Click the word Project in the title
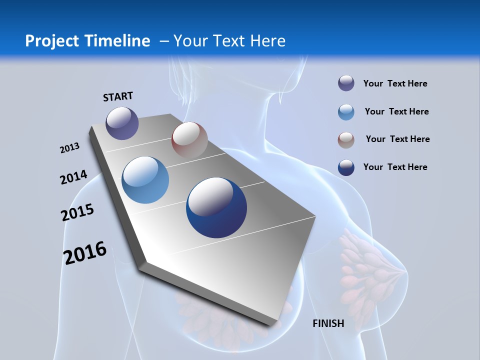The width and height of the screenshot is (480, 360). click(x=52, y=41)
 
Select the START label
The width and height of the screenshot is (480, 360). click(x=118, y=96)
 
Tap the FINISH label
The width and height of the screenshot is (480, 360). click(x=328, y=323)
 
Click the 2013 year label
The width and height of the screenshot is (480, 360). click(x=69, y=148)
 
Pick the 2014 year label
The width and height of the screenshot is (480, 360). click(x=73, y=177)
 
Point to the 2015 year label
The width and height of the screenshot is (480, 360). click(x=77, y=212)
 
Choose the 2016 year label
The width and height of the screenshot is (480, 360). click(x=85, y=253)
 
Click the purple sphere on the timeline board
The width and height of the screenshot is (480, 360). click(x=122, y=123)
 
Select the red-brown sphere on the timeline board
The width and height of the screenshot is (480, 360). click(x=189, y=140)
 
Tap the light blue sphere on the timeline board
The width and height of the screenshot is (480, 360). click(x=145, y=180)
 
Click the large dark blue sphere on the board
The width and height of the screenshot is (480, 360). click(x=216, y=207)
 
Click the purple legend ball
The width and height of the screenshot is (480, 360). click(x=346, y=83)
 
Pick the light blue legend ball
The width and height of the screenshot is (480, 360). click(x=346, y=112)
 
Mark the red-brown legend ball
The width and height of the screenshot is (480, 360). click(x=346, y=140)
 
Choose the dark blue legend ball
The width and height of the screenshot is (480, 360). click(x=346, y=167)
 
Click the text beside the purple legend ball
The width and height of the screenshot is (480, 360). click(x=395, y=84)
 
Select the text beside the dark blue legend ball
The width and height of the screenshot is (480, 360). click(x=395, y=167)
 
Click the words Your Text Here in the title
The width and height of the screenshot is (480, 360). click(x=229, y=41)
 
